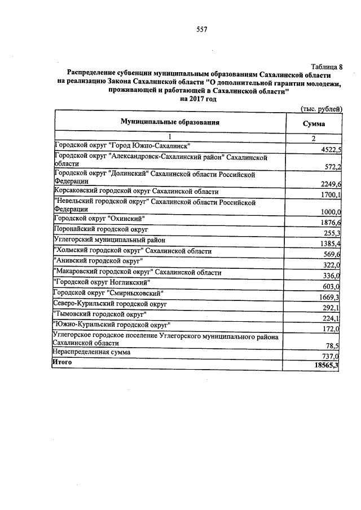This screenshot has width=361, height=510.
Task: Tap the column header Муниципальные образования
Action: (x=169, y=122)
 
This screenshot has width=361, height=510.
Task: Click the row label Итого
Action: (x=63, y=362)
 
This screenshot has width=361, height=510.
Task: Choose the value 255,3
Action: (x=332, y=234)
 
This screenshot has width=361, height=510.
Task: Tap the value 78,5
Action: (x=334, y=346)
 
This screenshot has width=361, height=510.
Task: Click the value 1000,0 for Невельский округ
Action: (x=331, y=211)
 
